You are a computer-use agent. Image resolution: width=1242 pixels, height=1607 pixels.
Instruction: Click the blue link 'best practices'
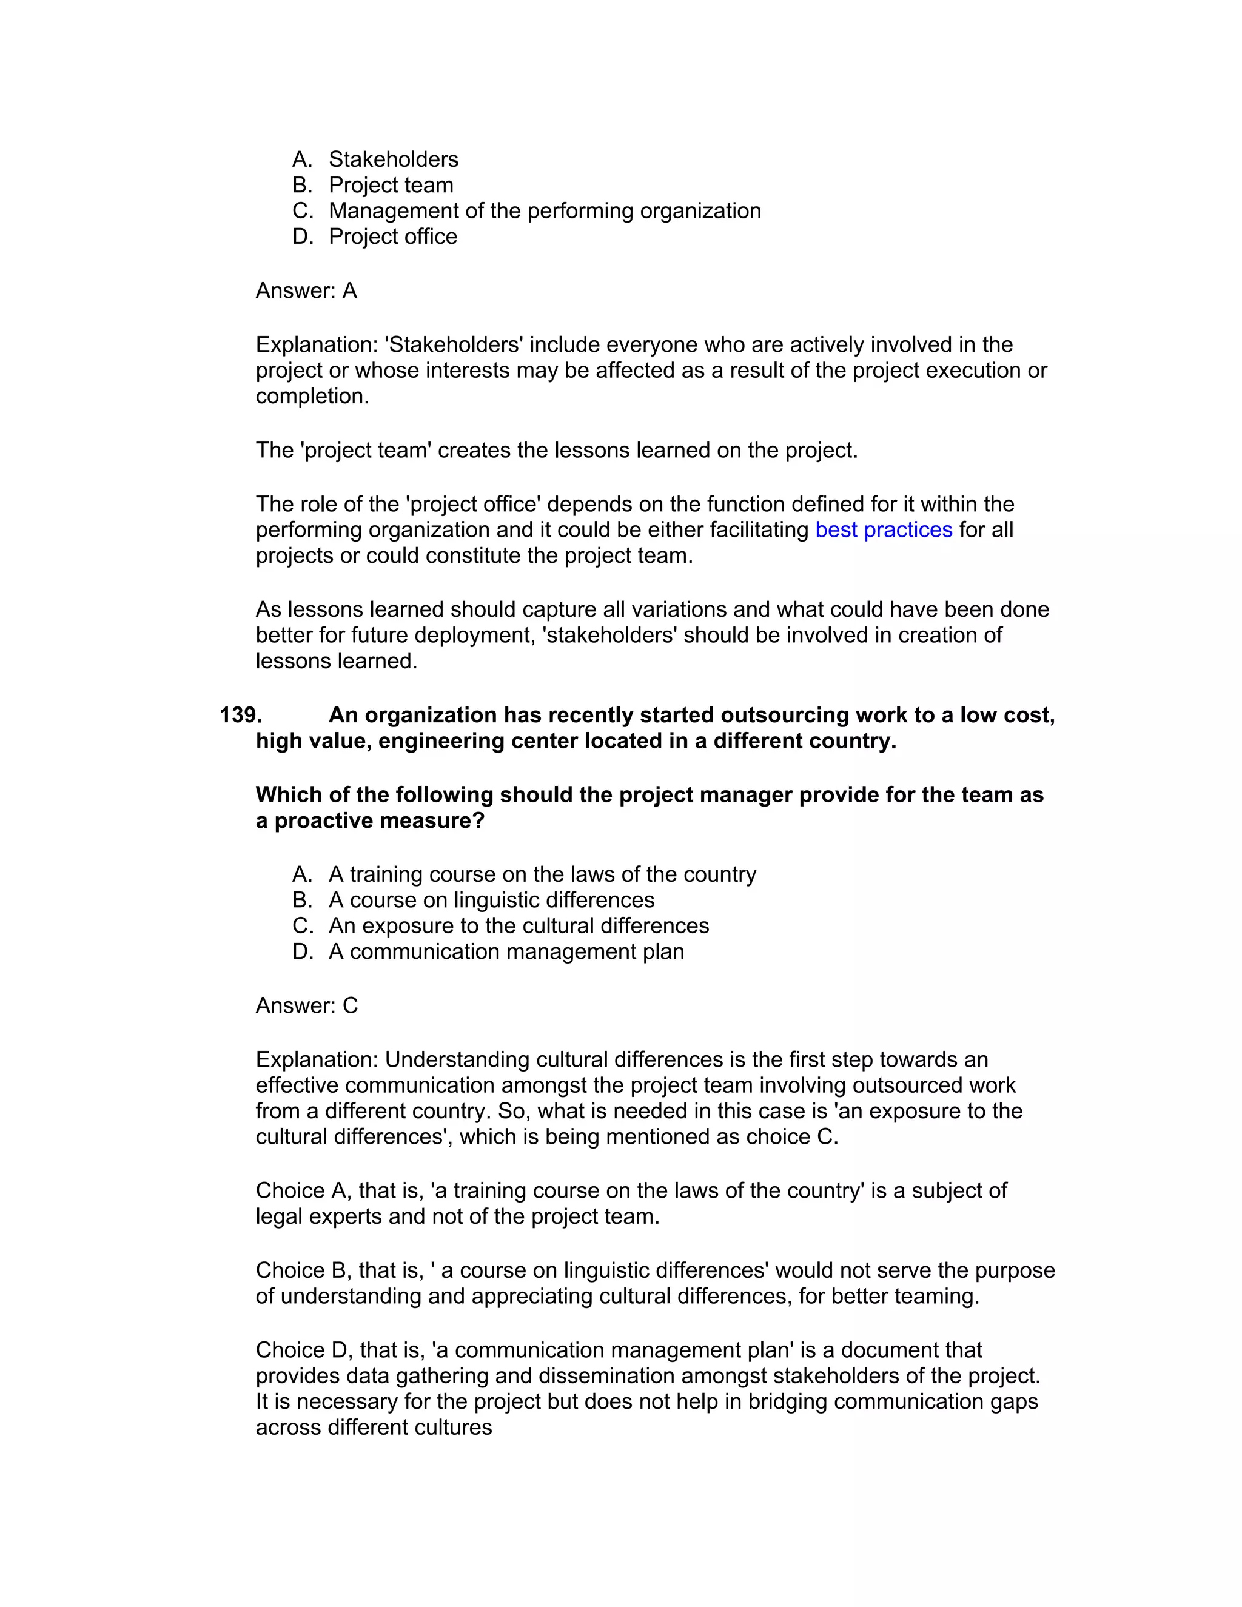[883, 530]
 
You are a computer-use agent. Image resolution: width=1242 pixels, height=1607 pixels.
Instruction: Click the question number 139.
[241, 715]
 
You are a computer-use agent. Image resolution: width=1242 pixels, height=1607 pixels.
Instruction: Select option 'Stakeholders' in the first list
[393, 159]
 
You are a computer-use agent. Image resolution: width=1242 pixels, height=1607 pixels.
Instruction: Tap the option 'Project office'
[392, 237]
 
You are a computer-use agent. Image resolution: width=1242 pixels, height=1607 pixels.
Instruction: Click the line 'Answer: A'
[306, 290]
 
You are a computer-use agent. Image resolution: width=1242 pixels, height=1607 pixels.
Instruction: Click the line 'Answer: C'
[306, 1006]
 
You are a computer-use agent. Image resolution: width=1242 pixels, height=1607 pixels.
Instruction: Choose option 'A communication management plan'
[506, 952]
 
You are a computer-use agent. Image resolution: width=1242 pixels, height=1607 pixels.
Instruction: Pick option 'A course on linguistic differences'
[491, 901]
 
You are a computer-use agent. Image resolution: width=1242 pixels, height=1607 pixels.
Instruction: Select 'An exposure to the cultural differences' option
[519, 927]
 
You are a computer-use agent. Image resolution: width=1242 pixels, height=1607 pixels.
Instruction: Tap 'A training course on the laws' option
[542, 875]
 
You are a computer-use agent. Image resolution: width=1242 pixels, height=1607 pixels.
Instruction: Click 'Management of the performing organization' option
[545, 211]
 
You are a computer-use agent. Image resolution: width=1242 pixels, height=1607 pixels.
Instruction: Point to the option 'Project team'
[391, 186]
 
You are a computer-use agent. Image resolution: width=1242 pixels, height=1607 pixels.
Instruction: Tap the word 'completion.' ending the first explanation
[312, 397]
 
